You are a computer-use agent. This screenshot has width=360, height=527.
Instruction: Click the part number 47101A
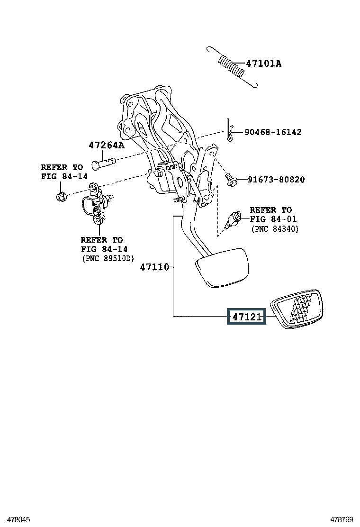tap(264, 63)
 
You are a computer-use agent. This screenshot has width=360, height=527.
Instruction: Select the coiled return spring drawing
tap(233, 67)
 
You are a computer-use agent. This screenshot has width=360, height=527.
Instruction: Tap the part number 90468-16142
tap(273, 132)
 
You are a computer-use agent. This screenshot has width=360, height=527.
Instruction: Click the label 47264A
tap(107, 145)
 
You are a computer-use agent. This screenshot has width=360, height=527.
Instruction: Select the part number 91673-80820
tap(276, 180)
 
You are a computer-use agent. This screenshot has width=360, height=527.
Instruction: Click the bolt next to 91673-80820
tap(231, 179)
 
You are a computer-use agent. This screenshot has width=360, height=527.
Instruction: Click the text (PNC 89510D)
tap(108, 258)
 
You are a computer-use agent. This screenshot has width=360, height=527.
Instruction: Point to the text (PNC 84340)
tap(275, 229)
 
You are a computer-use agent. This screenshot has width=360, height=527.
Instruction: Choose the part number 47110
tap(154, 267)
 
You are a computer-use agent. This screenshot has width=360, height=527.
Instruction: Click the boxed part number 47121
tap(246, 317)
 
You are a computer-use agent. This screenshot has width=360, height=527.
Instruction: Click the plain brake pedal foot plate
tap(222, 268)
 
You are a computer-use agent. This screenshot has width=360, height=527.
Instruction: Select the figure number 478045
tap(19, 520)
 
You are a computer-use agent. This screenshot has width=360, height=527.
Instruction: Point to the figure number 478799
tap(341, 520)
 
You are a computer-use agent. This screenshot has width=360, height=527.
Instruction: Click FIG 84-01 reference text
tap(273, 219)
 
